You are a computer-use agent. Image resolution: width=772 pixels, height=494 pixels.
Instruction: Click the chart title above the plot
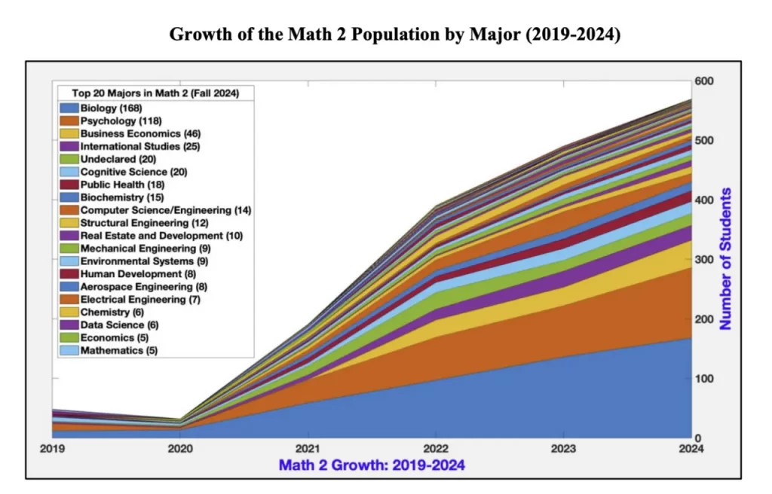(394, 35)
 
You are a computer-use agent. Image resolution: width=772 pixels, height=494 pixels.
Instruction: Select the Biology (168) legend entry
(111, 108)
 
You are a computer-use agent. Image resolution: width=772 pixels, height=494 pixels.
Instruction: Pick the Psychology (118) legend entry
(121, 120)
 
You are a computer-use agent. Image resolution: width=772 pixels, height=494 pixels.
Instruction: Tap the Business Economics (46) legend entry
(135, 133)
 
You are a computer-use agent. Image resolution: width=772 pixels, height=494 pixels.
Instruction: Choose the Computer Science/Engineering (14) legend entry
(166, 210)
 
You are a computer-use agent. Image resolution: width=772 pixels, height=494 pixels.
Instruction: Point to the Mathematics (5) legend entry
(118, 351)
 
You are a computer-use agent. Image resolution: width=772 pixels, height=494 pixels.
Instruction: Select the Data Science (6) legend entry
(119, 325)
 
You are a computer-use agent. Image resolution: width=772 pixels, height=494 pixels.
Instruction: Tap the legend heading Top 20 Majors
(155, 93)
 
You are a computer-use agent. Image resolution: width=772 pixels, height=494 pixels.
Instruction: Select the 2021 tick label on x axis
(308, 449)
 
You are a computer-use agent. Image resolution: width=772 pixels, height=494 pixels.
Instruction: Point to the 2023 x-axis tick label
(563, 449)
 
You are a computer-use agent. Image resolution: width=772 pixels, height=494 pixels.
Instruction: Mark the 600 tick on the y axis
(704, 81)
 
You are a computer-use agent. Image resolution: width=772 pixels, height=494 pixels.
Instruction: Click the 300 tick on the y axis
(704, 260)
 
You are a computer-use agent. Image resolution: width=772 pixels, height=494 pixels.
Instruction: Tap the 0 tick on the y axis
(698, 438)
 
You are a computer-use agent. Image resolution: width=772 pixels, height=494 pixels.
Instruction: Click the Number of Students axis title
(726, 259)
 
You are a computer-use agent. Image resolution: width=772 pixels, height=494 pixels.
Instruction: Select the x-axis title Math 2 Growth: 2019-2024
(372, 465)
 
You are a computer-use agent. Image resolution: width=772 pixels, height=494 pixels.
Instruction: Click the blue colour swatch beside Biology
(69, 108)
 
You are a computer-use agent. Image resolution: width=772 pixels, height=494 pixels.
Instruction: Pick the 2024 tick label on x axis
(691, 449)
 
